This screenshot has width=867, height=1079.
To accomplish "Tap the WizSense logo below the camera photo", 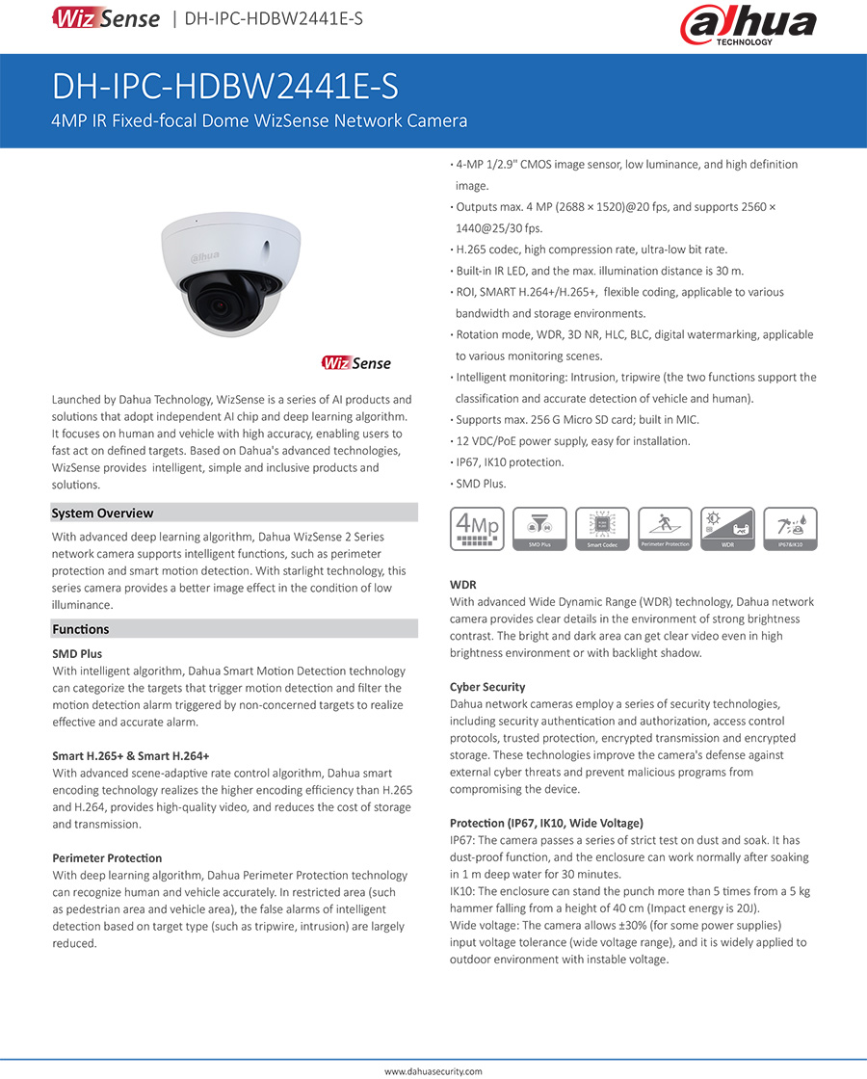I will coord(356,363).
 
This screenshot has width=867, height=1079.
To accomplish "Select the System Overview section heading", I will coord(102,513).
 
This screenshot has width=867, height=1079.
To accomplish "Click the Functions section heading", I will coord(80,629).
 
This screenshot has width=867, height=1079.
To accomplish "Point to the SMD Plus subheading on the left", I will coord(77,654).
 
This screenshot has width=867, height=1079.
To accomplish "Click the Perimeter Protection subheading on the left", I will coord(107,858).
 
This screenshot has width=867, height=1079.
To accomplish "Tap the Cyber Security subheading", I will coord(487,687).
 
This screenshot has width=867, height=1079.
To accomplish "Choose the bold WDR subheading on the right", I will coord(463,585).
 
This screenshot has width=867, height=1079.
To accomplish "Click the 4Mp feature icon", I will coord(478,529).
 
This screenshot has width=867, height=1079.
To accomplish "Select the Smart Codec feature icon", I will coord(602,529).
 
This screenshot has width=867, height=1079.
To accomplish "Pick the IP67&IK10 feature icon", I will coord(790,529).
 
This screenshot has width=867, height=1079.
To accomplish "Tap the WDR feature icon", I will coord(727,529).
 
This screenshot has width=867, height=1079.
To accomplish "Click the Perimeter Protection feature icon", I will coord(665,529).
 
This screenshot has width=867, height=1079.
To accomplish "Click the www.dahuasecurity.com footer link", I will coord(433,1071).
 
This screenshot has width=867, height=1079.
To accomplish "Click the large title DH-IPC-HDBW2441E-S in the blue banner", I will coord(224,88).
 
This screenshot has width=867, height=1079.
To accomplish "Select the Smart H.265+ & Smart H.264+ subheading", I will coord(131,756).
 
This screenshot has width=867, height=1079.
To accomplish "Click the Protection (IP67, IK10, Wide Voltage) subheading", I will coord(546,824).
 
